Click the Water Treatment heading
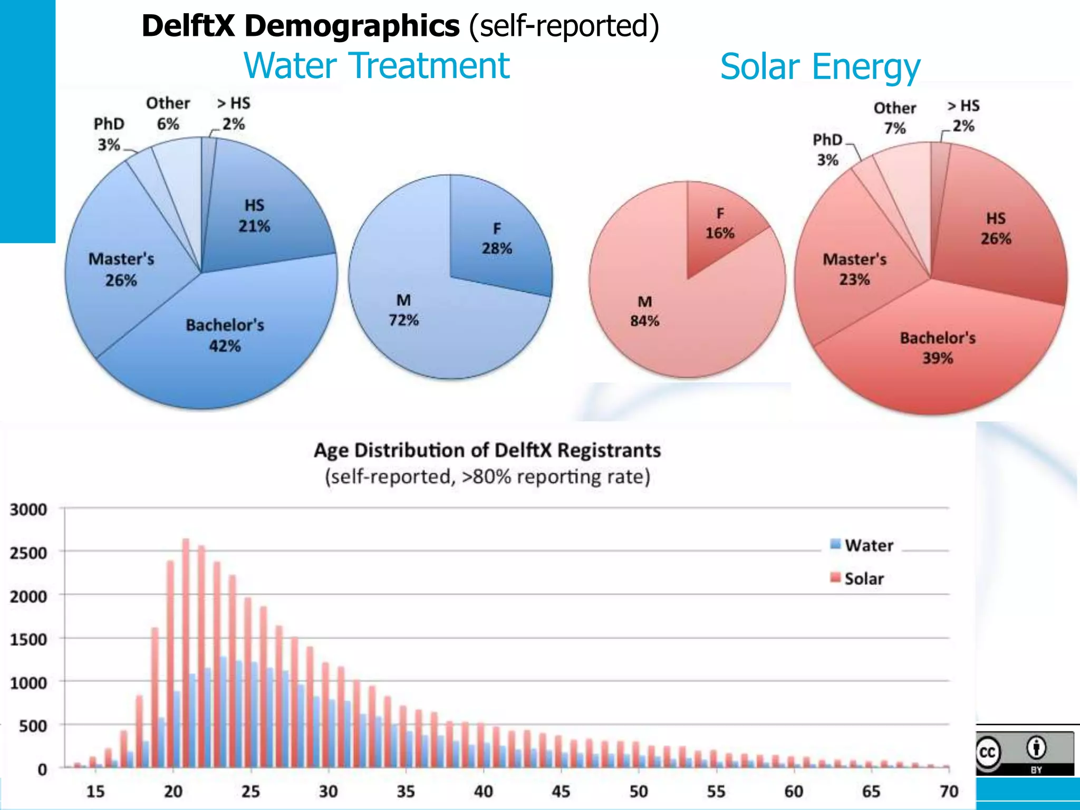pyautogui.click(x=376, y=66)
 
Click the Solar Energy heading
pyautogui.click(x=820, y=67)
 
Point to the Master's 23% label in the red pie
pyautogui.click(x=854, y=269)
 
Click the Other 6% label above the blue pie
pyautogui.click(x=168, y=113)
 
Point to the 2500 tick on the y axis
pyautogui.click(x=28, y=553)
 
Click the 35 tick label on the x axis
pyautogui.click(x=406, y=791)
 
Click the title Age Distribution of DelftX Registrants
pyautogui.click(x=487, y=450)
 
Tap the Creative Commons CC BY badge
pyautogui.click(x=1024, y=753)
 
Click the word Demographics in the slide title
pyautogui.click(x=352, y=25)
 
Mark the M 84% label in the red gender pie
pyautogui.click(x=644, y=311)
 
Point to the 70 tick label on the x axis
pyautogui.click(x=949, y=791)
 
